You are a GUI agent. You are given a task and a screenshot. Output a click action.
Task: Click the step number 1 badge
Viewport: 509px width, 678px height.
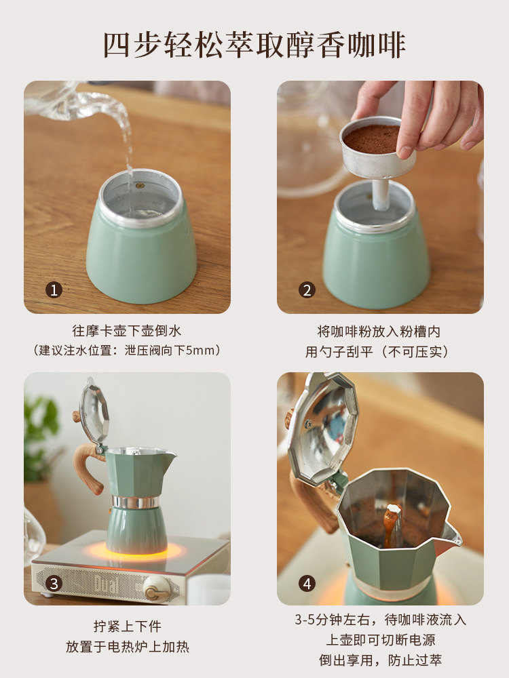tap(54, 290)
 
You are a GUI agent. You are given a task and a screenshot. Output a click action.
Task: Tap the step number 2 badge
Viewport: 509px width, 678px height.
tap(307, 290)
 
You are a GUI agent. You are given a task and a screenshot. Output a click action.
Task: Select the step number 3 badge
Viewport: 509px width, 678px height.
tap(54, 583)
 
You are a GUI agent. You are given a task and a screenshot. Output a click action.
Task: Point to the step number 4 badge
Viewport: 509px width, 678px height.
tap(307, 583)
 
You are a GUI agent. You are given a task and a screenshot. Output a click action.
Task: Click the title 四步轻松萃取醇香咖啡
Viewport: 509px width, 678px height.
tap(254, 45)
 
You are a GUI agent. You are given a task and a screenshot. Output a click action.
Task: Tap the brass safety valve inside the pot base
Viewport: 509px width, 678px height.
tap(139, 186)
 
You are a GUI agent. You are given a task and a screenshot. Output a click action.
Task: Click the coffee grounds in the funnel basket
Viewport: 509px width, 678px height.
tap(372, 139)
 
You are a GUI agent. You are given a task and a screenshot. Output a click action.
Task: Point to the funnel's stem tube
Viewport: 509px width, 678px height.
tap(381, 193)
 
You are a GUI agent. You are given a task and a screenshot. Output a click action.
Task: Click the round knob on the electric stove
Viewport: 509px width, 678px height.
tap(156, 589)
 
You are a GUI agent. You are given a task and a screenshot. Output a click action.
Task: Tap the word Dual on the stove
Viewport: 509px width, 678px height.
tap(105, 584)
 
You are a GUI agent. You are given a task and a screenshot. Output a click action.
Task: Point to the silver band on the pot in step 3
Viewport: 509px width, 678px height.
tap(136, 502)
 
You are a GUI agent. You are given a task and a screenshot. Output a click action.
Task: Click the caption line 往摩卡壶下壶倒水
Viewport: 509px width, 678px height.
tap(126, 332)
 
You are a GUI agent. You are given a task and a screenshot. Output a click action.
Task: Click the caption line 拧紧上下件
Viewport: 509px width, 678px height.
tap(128, 626)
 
